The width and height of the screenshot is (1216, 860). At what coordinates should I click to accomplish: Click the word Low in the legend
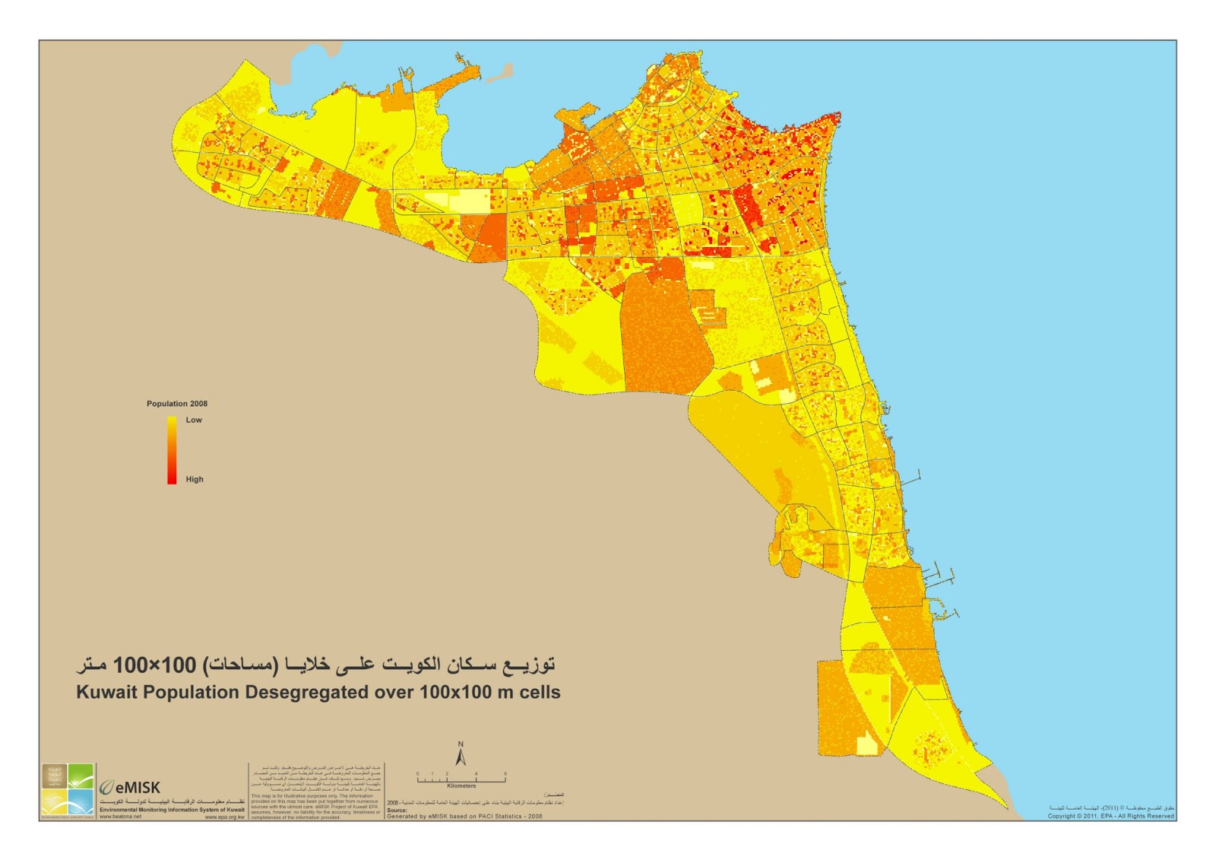pos(194,420)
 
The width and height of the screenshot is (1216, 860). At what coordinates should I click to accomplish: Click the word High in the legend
pos(195,479)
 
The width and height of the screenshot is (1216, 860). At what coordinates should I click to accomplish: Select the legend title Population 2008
pos(177,404)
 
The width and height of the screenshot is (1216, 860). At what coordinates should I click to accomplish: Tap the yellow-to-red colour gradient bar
pos(172,449)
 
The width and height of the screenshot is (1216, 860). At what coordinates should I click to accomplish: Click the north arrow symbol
pos(461,757)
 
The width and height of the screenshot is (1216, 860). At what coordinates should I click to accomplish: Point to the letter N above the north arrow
pos(461,744)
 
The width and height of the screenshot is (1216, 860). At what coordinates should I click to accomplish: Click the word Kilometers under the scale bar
pos(461,786)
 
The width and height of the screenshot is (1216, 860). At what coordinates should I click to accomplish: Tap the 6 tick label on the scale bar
pos(505,774)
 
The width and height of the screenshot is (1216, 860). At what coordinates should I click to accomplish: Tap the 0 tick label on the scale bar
pos(417,774)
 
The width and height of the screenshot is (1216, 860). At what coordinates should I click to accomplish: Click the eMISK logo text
pos(138,788)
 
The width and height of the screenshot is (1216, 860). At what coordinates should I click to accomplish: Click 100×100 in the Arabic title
pos(154,665)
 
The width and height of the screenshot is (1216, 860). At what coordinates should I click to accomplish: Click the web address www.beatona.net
pos(120,817)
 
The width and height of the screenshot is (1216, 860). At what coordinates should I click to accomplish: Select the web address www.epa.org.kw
pos(224,817)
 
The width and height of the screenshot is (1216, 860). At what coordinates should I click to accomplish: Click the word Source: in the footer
pos(397,811)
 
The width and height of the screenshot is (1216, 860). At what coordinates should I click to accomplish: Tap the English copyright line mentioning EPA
pos(1110,816)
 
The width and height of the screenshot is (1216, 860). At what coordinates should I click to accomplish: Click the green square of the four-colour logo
pos(81,776)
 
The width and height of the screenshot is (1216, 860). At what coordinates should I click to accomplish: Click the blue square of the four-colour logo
pos(81,802)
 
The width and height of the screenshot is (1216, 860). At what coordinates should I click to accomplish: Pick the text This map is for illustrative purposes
pos(293,796)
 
